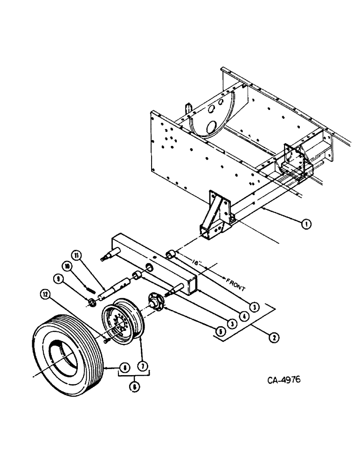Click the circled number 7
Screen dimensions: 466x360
(x=143, y=367)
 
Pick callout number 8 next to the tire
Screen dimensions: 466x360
(x=123, y=367)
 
